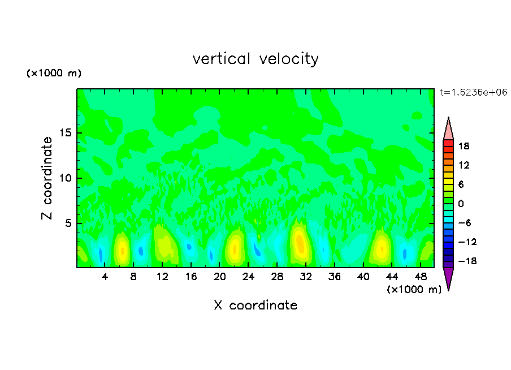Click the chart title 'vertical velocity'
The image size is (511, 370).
[255, 59]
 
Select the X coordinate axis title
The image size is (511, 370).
[255, 306]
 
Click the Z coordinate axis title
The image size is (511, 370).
[47, 178]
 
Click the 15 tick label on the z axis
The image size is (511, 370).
[66, 134]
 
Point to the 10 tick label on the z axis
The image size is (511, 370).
[66, 178]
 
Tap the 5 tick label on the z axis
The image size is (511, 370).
[68, 223]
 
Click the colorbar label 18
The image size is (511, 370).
[464, 146]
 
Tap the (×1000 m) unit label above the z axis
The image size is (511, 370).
[54, 74]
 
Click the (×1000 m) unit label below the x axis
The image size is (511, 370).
[414, 290]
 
